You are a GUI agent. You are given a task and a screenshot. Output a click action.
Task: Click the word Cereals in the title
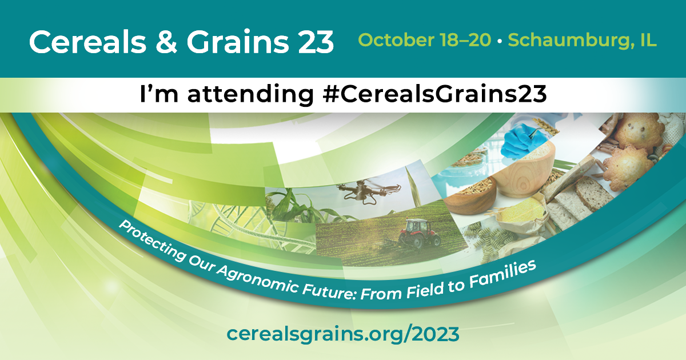pyautogui.click(x=88, y=42)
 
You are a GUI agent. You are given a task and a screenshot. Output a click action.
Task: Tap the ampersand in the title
pyautogui.click(x=166, y=42)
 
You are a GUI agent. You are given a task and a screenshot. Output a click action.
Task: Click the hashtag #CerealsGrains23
pyautogui.click(x=434, y=94)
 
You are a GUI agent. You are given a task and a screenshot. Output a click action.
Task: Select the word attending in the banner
pyautogui.click(x=250, y=95)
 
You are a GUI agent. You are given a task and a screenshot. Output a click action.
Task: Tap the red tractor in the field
pyautogui.click(x=420, y=234)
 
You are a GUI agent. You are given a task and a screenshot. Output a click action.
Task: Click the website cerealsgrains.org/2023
pyautogui.click(x=343, y=334)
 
